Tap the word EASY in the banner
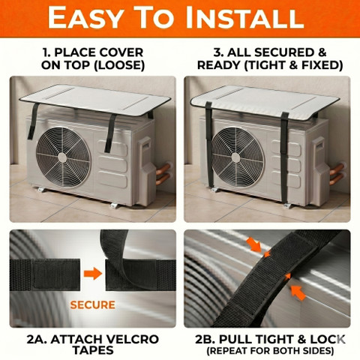(85, 18)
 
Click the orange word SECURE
(93, 304)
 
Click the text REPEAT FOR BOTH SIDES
(270, 350)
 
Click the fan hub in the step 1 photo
(62, 157)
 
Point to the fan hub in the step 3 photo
(235, 157)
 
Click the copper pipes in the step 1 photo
(163, 173)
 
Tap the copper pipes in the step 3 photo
(337, 173)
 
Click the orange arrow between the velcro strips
(93, 274)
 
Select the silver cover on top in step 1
(95, 99)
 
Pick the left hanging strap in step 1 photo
(33, 121)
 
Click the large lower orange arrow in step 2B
(298, 292)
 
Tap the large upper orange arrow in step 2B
(253, 244)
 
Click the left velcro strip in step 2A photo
(45, 274)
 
